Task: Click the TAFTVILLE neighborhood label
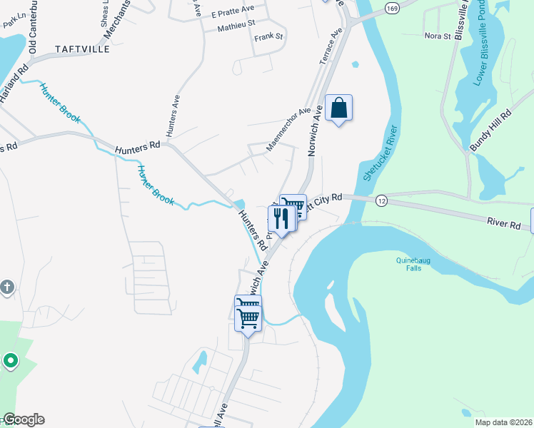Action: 83,49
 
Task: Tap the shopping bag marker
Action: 339,109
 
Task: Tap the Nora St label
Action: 438,35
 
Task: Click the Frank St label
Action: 269,36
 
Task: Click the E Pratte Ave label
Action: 233,11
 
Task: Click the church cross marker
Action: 6,287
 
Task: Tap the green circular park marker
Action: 10,361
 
